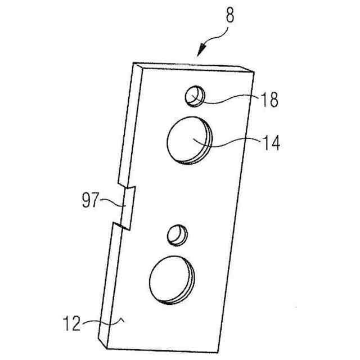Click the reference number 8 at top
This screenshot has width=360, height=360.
231,15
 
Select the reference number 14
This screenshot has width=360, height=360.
269,142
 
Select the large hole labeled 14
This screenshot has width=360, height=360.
188,140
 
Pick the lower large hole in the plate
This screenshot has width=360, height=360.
170,279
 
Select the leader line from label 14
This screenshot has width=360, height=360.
231,143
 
